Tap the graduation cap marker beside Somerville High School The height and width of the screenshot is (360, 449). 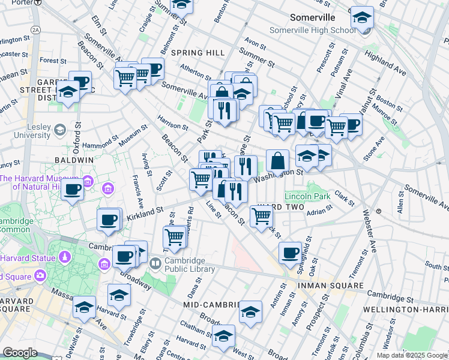pos(362,17)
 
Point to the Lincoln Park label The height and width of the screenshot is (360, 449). pos(308,196)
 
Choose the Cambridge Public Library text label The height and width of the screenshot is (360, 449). pos(186,265)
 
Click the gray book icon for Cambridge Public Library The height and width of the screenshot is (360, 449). pos(155,263)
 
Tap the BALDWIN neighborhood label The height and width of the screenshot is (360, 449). pos(74,160)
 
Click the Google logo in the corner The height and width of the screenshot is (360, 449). pos(19,353)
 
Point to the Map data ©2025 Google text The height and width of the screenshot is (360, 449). pos(412,355)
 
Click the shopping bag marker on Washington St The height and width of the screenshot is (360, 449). pos(277,161)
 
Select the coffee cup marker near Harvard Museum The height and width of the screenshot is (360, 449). pos(72,190)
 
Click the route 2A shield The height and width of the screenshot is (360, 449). pos(35,29)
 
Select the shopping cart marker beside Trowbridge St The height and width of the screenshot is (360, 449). pos(175,236)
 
